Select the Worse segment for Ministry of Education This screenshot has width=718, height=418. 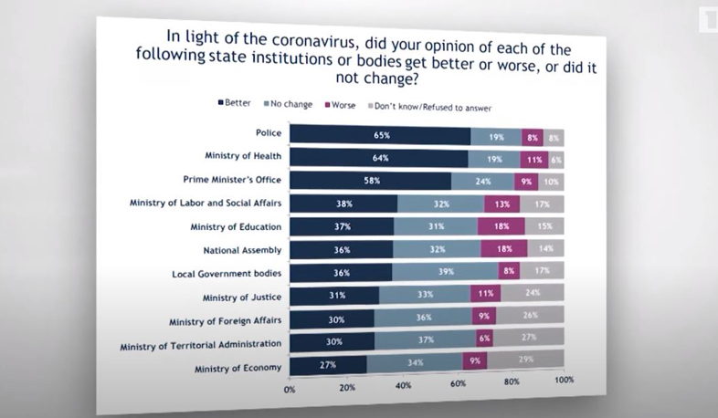(501, 226)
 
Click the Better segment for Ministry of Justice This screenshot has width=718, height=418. (333, 294)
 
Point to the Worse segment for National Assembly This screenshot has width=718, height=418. (504, 248)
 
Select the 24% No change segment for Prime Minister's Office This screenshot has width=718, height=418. (484, 181)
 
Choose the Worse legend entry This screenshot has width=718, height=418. (339, 105)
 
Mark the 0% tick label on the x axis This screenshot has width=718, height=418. (290, 389)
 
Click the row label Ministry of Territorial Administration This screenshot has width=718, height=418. (200, 346)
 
